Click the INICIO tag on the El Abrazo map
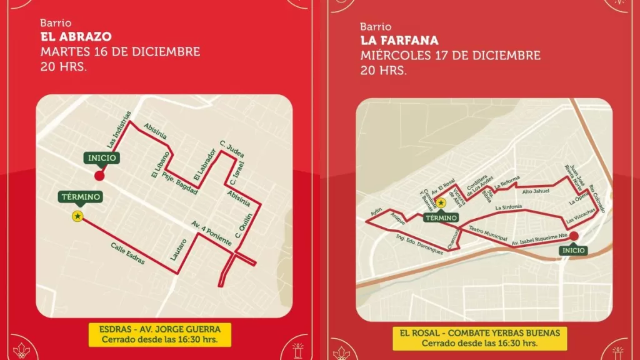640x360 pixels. (x=102, y=158)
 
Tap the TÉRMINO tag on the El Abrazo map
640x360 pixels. (x=80, y=197)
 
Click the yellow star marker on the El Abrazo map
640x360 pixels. (x=77, y=216)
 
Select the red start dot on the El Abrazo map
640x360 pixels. (x=99, y=176)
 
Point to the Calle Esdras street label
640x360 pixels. (x=128, y=253)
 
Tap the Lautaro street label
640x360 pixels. (x=178, y=249)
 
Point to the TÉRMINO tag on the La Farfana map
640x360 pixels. (x=441, y=217)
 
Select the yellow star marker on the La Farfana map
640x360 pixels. (x=441, y=202)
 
